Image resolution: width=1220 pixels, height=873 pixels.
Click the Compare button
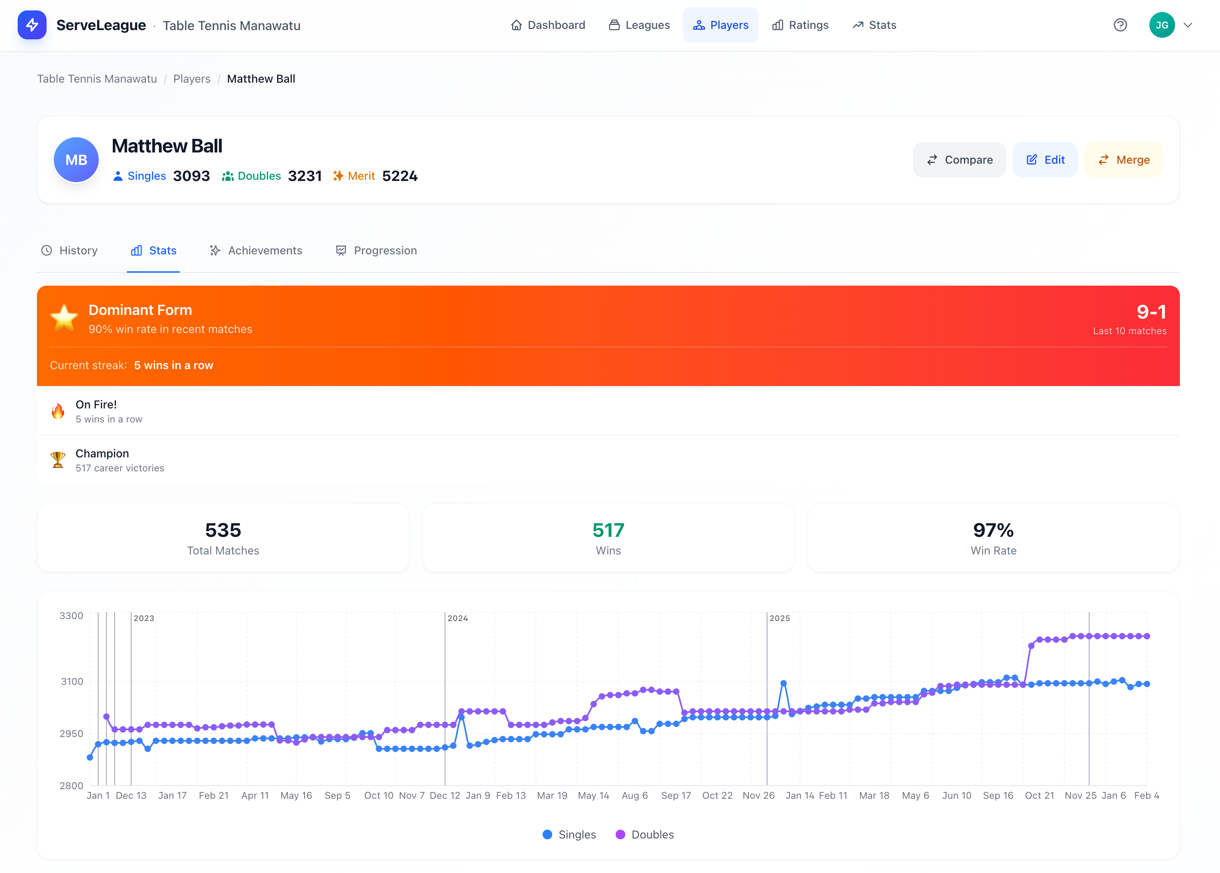pos(959,160)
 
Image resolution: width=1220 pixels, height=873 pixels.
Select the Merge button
pos(1124,160)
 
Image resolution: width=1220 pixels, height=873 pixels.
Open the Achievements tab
pos(256,250)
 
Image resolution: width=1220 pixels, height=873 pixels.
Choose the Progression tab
pos(376,250)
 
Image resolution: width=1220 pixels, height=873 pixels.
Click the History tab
pos(69,250)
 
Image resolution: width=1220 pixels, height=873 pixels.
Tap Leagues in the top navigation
pos(639,25)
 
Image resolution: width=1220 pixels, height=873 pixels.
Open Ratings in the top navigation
pos(801,25)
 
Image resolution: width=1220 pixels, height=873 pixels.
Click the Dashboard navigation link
pos(548,25)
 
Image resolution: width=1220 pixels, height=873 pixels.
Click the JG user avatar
pos(1161,25)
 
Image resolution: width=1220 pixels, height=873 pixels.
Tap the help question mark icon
pos(1120,25)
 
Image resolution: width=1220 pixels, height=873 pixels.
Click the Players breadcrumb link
pos(192,79)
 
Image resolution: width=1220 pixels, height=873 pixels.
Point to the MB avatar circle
pos(76,160)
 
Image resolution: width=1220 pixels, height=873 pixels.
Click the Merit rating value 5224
pos(399,176)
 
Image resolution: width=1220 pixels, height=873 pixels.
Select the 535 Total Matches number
pos(223,530)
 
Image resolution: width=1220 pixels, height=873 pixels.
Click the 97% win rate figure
pos(993,530)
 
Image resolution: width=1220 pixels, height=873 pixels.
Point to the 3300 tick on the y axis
pos(71,615)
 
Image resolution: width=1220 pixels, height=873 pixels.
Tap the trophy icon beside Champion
pos(58,460)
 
